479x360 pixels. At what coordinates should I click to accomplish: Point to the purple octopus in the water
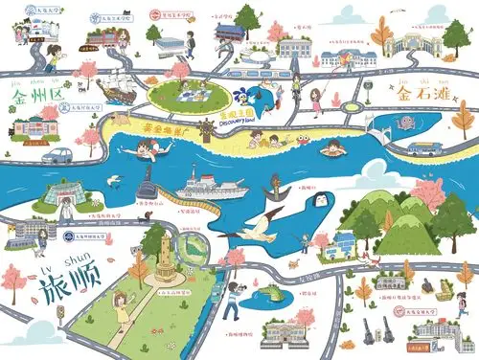click(x=405, y=122)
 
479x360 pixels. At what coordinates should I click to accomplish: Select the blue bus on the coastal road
click(x=422, y=148)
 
